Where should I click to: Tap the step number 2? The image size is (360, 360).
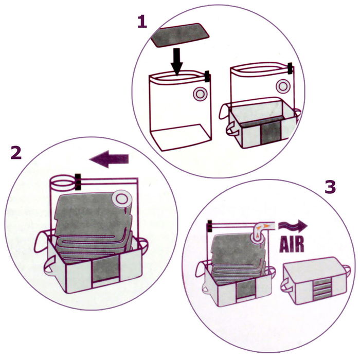click(x=16, y=152)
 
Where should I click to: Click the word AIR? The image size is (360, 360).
click(x=292, y=244)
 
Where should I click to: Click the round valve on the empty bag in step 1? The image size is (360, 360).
click(x=199, y=94)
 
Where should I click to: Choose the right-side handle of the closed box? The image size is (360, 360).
click(x=348, y=269)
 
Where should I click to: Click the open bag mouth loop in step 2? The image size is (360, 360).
click(x=62, y=182)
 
